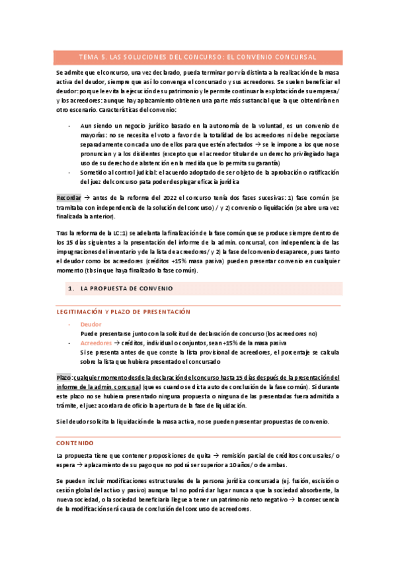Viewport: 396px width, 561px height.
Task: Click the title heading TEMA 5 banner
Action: [x=198, y=57]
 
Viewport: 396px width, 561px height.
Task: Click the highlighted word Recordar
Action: [x=68, y=198]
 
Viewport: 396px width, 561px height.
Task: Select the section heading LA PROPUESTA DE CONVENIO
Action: [x=126, y=288]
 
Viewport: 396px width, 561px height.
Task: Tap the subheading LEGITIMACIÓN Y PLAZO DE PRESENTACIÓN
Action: [x=123, y=312]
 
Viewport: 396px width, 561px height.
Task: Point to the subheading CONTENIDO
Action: [x=75, y=442]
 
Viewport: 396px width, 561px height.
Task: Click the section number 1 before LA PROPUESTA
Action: [x=69, y=288]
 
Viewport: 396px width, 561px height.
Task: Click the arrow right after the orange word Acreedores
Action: [x=118, y=344]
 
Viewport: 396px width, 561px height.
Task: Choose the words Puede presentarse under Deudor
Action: [x=104, y=334]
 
